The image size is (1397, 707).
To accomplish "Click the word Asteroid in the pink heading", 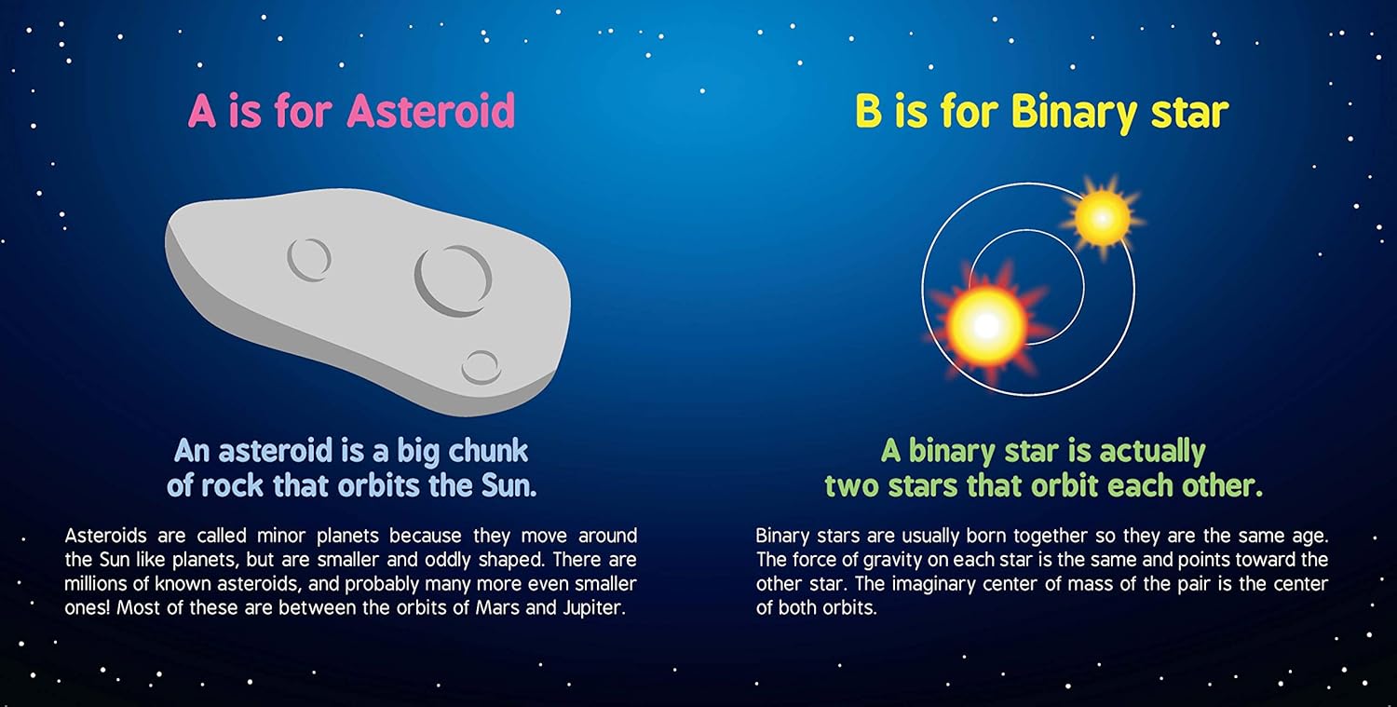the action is (431, 111).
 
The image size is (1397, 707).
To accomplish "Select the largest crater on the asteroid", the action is (454, 280).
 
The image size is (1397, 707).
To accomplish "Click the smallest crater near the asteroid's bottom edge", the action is (481, 368).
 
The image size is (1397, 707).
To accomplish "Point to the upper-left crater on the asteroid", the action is (308, 259).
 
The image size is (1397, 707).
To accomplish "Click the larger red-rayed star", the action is (986, 324).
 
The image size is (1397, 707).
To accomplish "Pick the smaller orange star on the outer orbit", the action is (1103, 218).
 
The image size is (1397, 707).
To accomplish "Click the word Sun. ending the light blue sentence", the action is (509, 486).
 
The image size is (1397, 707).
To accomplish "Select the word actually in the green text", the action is (1153, 452).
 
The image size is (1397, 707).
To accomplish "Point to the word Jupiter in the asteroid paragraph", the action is (594, 608).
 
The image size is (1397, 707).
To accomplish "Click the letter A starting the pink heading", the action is (202, 111).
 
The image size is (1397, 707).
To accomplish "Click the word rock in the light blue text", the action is (233, 486).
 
